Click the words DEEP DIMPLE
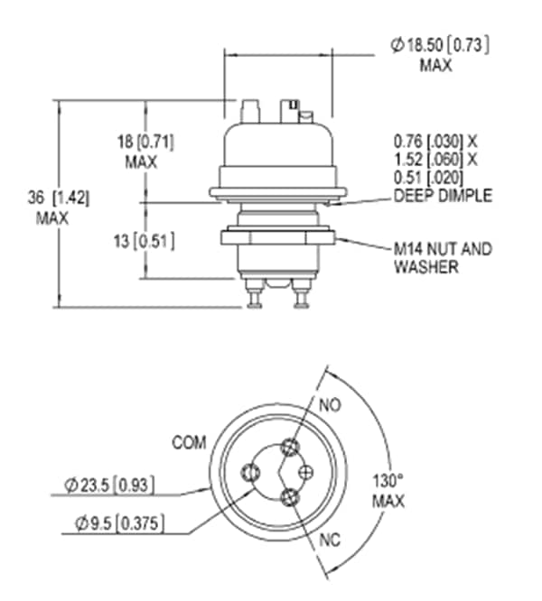click(x=443, y=195)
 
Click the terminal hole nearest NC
click(x=289, y=495)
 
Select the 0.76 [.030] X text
click(x=435, y=142)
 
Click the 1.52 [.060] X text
click(x=435, y=159)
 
